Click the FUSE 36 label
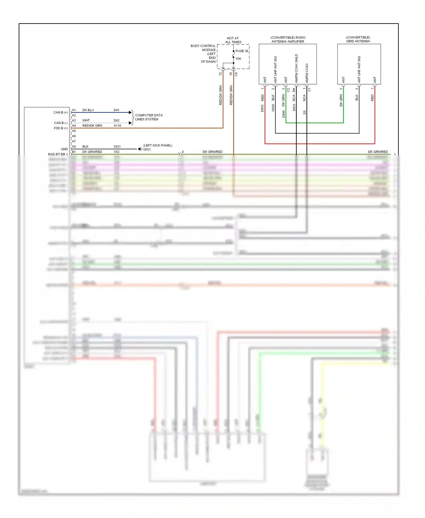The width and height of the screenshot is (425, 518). [242, 51]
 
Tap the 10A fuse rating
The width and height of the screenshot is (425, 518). [238, 59]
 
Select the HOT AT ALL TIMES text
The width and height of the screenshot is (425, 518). [233, 40]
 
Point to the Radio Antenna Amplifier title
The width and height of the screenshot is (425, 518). [288, 39]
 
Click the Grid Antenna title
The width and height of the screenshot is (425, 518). [358, 39]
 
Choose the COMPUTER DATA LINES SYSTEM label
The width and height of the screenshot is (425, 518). [149, 117]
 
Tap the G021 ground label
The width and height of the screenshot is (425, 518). [147, 149]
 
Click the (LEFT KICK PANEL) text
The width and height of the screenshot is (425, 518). [158, 145]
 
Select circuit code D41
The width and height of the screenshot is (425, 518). [116, 110]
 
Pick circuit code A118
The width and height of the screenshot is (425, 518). [117, 126]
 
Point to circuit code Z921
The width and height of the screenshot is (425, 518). [117, 147]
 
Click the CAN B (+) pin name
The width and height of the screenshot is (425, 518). [61, 112]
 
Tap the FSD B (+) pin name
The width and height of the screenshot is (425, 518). [61, 128]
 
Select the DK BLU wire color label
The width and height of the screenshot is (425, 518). [88, 110]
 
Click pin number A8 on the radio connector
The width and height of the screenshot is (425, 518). [74, 147]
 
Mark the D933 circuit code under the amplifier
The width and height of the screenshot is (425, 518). [262, 108]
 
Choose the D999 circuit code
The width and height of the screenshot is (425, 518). [284, 114]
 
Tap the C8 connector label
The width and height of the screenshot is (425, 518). [236, 74]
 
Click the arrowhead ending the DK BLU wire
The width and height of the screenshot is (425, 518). [130, 112]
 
